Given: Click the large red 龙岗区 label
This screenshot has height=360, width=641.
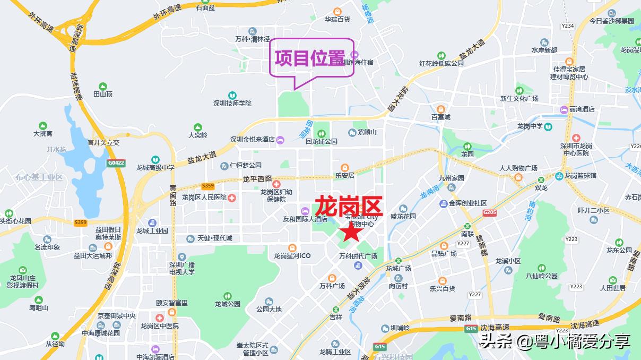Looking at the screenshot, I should pos(349,206).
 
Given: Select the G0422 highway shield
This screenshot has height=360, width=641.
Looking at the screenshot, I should pos(117,162).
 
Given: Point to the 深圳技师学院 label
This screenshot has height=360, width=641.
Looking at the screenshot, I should pos(232,103).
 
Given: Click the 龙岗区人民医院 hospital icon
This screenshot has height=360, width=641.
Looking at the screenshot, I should pos(232,198).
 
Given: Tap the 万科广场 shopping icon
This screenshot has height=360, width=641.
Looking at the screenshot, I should pos(332,278).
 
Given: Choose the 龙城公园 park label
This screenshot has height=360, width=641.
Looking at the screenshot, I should pos(228,304).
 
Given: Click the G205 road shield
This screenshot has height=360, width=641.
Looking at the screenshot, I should pos(490,212).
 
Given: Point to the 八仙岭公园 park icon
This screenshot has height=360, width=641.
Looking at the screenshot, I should pos(542,268).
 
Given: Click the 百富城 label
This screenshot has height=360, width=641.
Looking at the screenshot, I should pos(440,117).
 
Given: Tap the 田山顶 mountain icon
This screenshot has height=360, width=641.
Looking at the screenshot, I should pos(103,86).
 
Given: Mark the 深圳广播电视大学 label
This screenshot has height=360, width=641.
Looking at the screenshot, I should pos(182,268).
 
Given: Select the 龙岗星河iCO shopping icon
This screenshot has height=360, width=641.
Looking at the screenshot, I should pos(292,247).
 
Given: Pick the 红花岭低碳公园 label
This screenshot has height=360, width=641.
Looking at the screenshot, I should pos(441,63).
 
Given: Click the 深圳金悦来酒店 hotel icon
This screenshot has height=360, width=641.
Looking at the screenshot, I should pos(280,140).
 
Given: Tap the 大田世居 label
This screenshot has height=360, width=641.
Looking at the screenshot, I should pos(613,288).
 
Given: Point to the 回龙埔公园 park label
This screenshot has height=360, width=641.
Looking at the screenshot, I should pos(322,142).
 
